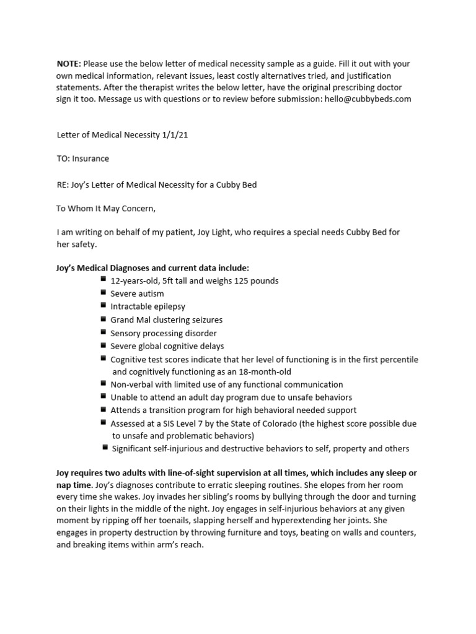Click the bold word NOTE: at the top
pos(69,64)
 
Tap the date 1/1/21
pos(174,135)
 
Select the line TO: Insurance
pos(82,158)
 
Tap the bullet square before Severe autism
pos(103,293)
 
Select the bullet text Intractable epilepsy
pos(148,306)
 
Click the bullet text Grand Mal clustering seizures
pos(166,320)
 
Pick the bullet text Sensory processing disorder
pos(164,333)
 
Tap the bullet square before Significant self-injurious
pos(105,448)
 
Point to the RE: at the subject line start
pos(63,184)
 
